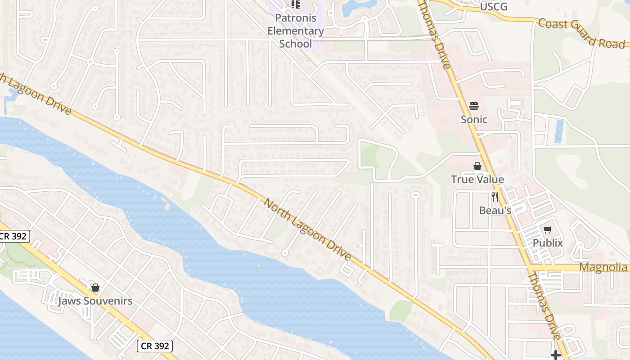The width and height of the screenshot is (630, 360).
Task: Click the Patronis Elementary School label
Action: tap(295, 31)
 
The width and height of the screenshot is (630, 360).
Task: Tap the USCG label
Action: tap(493, 6)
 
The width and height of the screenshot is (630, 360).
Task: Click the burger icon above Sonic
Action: tap(474, 107)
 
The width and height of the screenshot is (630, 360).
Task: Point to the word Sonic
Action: tap(474, 119)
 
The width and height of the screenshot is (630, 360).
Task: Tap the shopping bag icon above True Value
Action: tap(477, 166)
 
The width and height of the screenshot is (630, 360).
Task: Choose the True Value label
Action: tap(477, 180)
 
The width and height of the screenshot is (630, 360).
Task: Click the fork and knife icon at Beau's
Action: tap(495, 197)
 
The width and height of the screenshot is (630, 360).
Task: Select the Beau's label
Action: tap(495, 210)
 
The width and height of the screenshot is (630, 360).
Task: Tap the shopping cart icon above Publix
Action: tap(548, 230)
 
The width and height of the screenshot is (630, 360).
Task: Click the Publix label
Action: tap(548, 243)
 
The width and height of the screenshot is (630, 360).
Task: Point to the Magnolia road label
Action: tap(603, 267)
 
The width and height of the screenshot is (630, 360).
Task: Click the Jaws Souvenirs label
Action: tap(95, 301)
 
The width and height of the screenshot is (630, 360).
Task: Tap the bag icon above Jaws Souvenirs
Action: tap(95, 288)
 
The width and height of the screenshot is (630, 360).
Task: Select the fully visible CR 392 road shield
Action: tap(154, 346)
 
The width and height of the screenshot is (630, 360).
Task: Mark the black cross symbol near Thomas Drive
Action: tap(556, 355)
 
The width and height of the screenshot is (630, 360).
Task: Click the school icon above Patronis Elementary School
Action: tap(295, 4)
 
